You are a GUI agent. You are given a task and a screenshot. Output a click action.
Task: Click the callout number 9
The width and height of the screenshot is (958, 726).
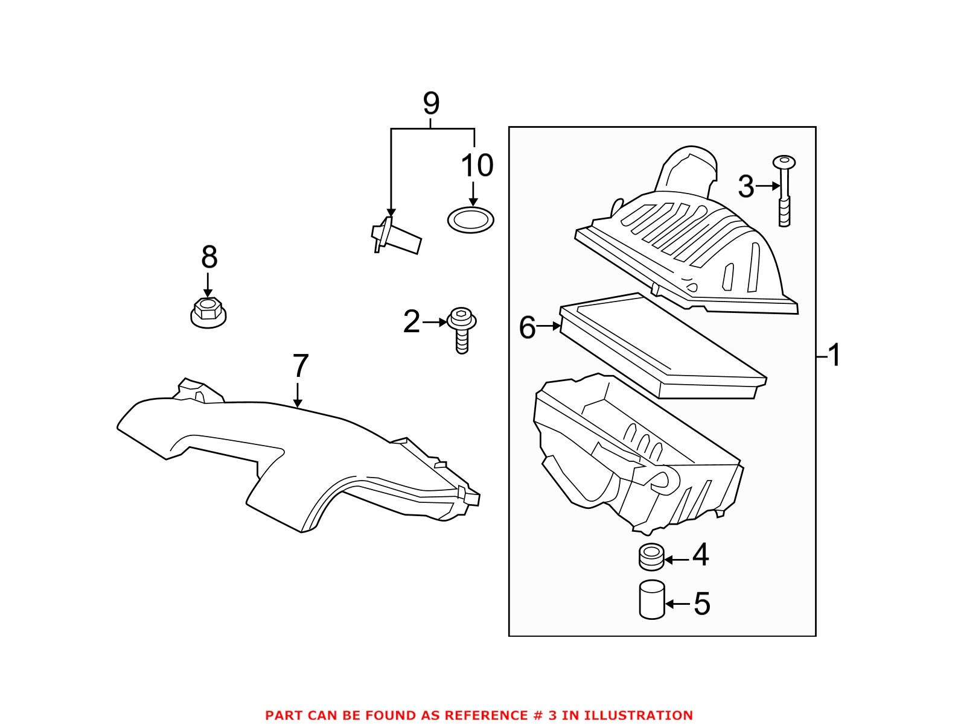(x=430, y=103)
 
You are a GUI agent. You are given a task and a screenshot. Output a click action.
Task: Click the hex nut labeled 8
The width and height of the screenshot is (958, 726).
(x=207, y=311)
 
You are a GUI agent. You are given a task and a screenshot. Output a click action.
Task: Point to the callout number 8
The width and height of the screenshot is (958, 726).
(x=209, y=257)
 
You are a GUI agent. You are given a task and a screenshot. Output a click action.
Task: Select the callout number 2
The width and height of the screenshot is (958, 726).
(x=411, y=322)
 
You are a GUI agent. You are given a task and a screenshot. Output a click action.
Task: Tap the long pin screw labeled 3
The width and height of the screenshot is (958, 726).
(x=784, y=191)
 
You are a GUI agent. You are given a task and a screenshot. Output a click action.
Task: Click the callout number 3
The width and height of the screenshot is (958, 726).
(x=746, y=187)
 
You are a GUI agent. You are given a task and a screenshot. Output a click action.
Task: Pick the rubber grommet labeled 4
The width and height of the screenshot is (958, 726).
(x=651, y=556)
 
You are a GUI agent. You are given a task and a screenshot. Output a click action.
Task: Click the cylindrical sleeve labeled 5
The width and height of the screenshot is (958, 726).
(x=651, y=599)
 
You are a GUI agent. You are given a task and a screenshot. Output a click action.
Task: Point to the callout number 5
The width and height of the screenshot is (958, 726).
(x=701, y=603)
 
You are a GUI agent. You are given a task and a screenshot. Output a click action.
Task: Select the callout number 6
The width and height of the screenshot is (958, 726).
(x=527, y=328)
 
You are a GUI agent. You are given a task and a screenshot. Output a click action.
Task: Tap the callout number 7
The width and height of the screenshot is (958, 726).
(x=300, y=365)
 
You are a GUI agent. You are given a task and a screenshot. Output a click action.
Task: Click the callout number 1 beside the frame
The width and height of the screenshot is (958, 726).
(x=834, y=355)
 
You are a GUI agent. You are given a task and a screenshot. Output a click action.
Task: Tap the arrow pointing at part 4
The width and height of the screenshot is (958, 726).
(x=677, y=560)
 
